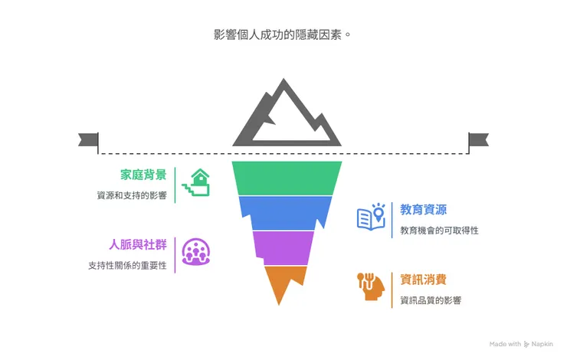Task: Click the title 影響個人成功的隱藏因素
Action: (x=283, y=35)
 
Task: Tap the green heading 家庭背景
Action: (x=143, y=175)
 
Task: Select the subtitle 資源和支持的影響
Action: (x=132, y=195)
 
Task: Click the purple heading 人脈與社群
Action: (x=138, y=245)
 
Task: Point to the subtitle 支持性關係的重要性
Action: (x=127, y=266)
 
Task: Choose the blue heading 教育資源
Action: (x=424, y=210)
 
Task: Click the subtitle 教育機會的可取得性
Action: (x=439, y=230)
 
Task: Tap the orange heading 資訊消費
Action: (x=424, y=280)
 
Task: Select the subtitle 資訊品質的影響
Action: (x=431, y=299)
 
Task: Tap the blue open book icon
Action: (x=372, y=217)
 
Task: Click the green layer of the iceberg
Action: (x=286, y=178)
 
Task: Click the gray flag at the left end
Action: (x=89, y=141)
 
